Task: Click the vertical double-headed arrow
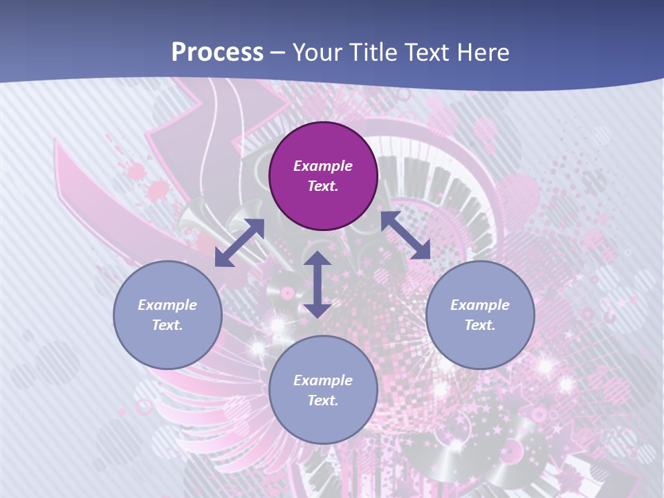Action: click(317, 284)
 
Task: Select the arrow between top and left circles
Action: click(239, 243)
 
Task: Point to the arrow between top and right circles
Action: click(405, 235)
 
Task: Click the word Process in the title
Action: click(217, 52)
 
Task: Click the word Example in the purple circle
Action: click(323, 166)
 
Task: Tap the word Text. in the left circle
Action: click(167, 325)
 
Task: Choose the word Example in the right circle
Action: click(480, 305)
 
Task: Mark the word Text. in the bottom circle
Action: click(323, 400)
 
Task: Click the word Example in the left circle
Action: click(167, 305)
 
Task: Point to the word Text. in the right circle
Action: click(480, 325)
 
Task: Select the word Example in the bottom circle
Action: click(323, 380)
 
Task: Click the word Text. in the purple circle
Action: click(323, 186)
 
